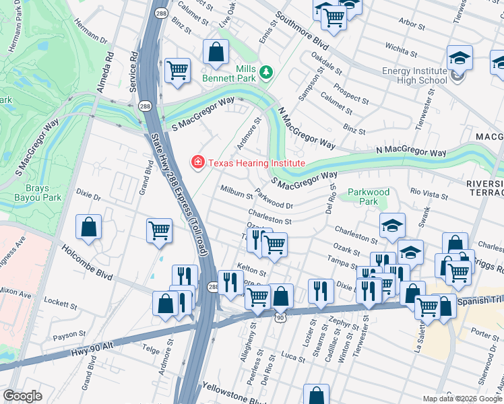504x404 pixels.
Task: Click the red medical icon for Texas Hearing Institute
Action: coord(197,162)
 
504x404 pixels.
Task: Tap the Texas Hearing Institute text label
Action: coord(256,163)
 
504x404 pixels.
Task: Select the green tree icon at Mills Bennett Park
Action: coord(267,71)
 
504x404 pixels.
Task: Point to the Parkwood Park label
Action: coord(369,197)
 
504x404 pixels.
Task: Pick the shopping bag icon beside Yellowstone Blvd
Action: coord(316,395)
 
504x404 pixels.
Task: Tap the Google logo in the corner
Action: coord(23,396)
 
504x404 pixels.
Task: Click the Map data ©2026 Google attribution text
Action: coord(462,399)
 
